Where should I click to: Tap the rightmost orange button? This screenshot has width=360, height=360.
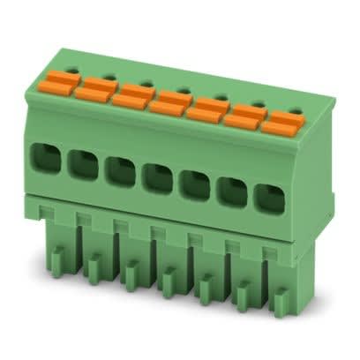[x=279, y=124]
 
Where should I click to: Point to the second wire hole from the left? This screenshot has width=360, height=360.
[x=82, y=164]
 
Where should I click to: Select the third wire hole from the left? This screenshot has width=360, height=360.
[x=119, y=171]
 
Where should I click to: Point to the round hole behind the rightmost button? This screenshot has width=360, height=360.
[x=291, y=103]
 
